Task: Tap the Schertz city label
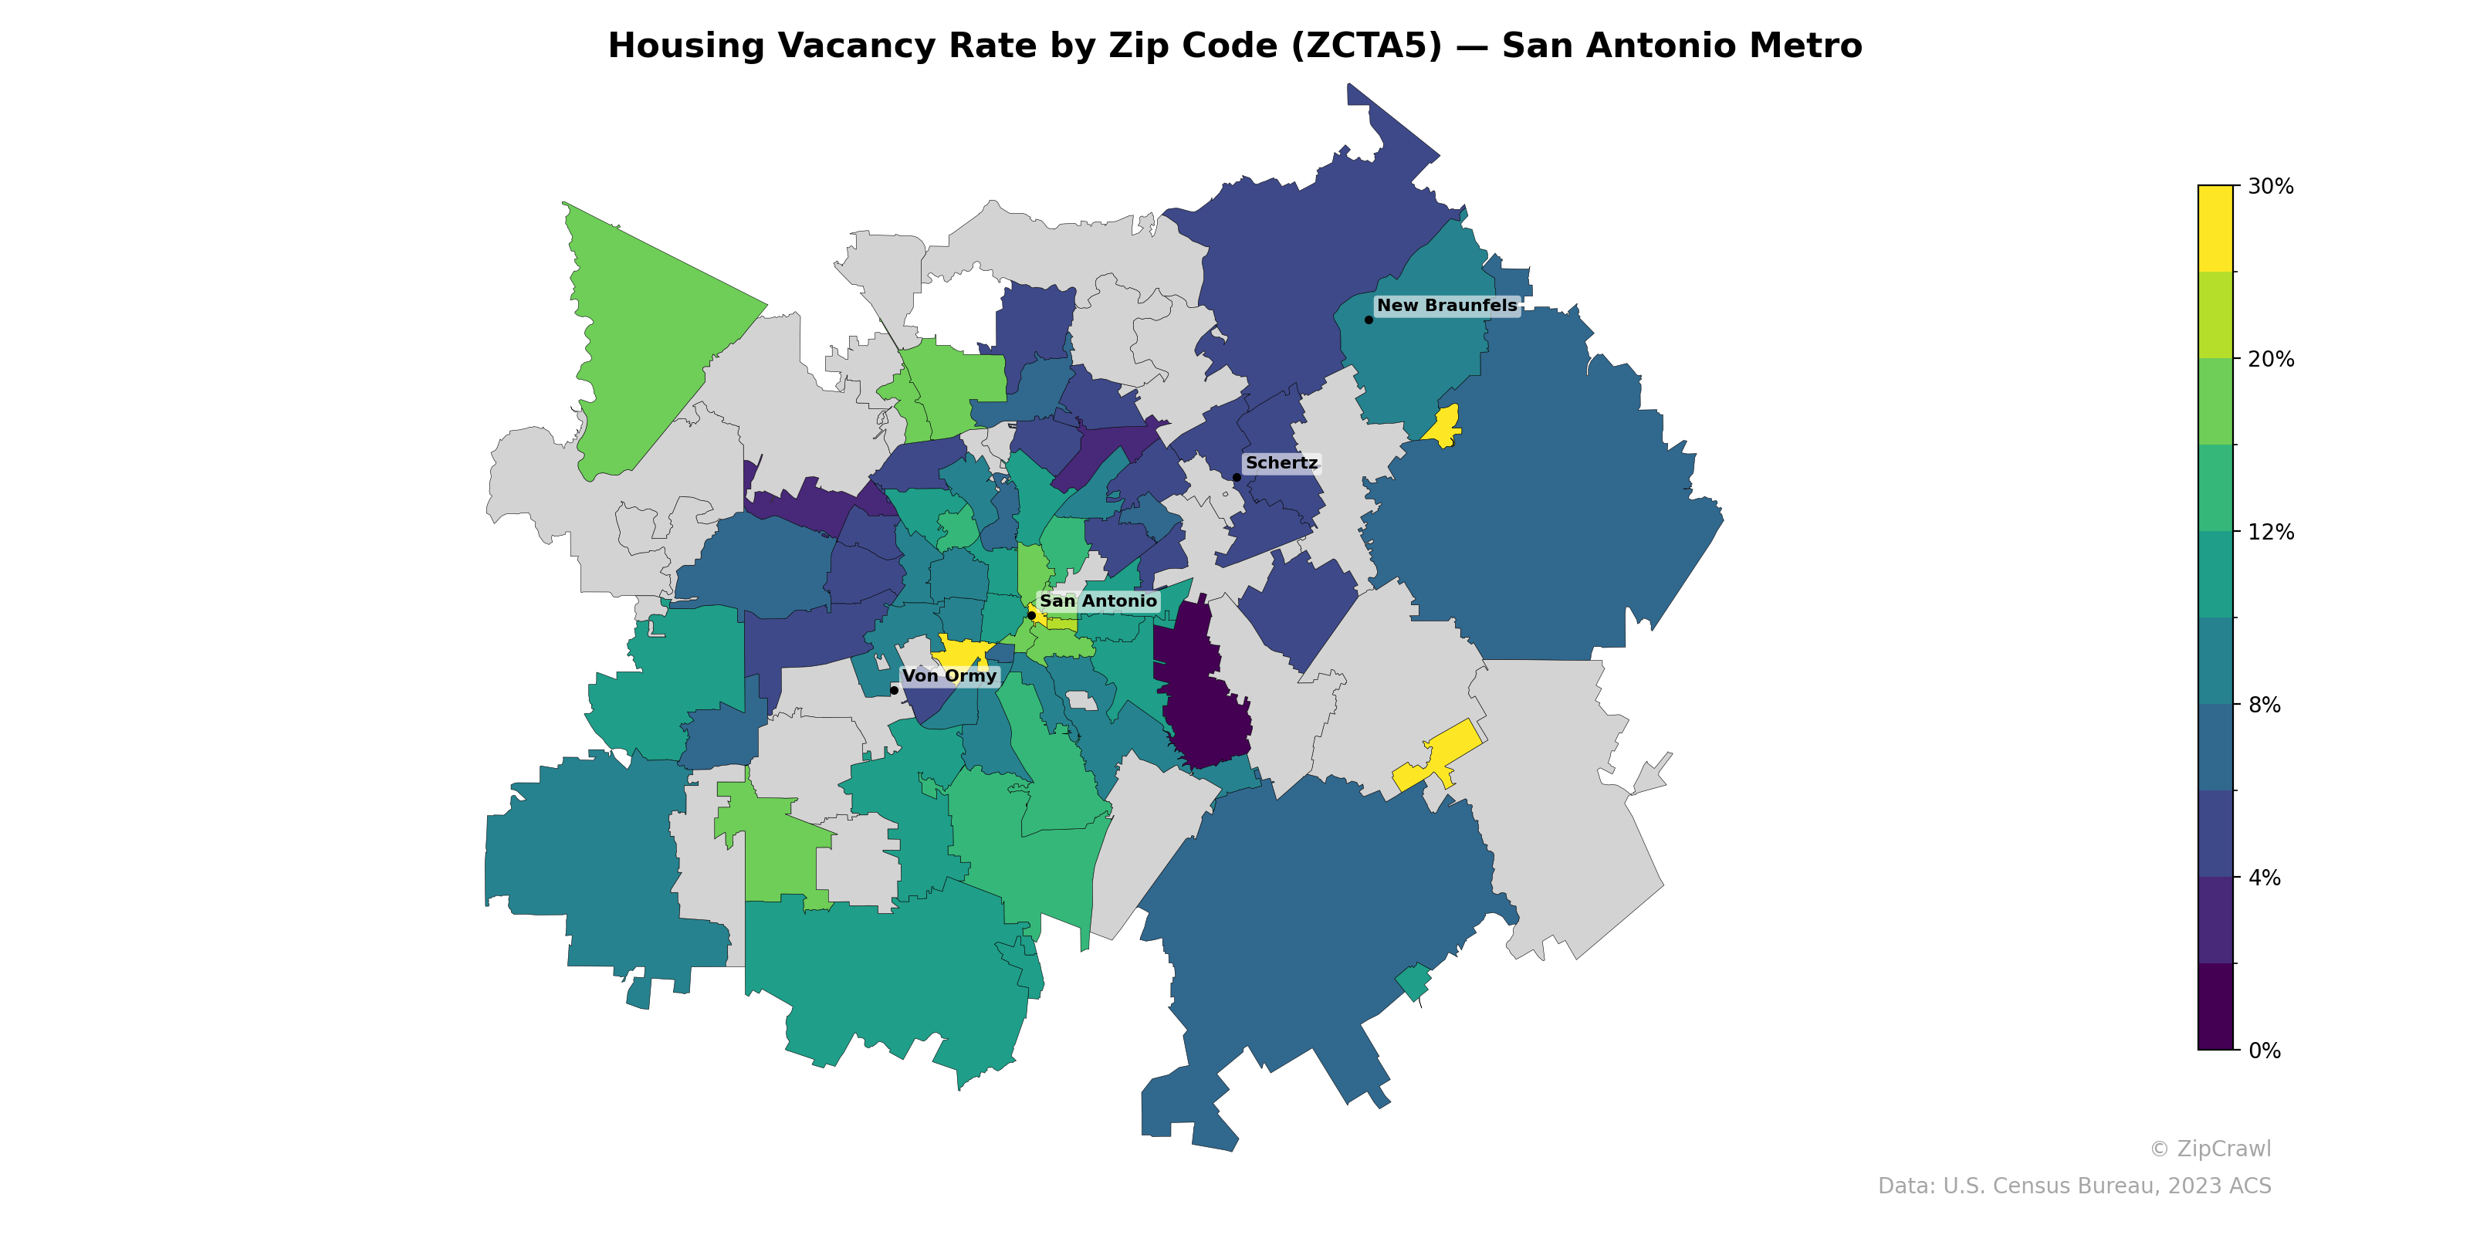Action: coord(1281,463)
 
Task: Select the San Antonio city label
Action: coord(1098,601)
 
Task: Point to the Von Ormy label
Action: coord(949,676)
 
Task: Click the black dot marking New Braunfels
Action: coord(1369,320)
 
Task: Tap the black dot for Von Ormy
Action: coord(894,690)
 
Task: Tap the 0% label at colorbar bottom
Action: coord(2264,1051)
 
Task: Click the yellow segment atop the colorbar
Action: coord(2215,228)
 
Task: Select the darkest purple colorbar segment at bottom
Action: coord(2215,1007)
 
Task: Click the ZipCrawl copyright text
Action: coord(2210,1149)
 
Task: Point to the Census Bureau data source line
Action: coord(2074,1186)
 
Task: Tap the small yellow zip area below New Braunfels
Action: coord(1443,426)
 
